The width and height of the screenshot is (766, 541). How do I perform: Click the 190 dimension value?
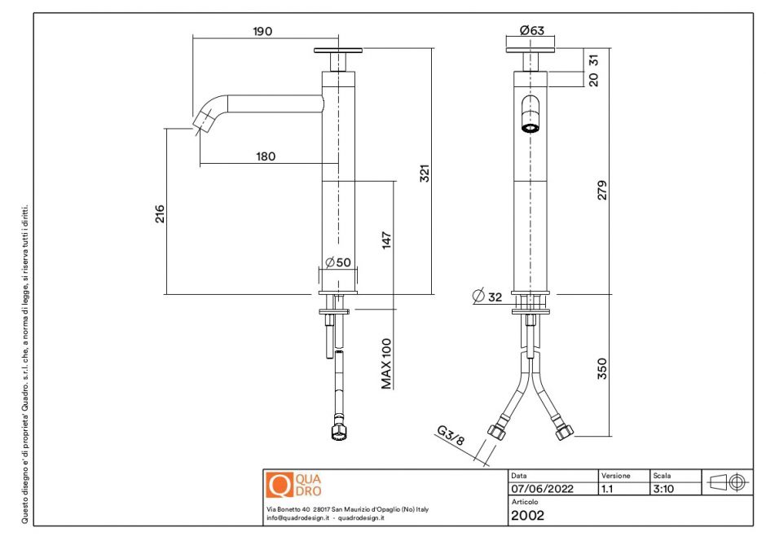click(262, 31)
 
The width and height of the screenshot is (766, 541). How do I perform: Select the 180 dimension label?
click(266, 156)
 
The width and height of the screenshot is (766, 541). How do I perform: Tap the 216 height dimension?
click(160, 213)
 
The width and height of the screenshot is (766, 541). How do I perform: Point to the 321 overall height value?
click(424, 173)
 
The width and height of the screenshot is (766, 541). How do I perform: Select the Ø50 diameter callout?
click(337, 262)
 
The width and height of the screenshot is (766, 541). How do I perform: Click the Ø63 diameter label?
click(531, 31)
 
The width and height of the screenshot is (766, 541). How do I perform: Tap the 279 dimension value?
click(602, 189)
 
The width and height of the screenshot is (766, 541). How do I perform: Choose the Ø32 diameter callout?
click(487, 297)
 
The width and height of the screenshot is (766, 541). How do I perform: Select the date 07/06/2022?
click(542, 490)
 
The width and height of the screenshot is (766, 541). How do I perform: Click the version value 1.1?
click(607, 490)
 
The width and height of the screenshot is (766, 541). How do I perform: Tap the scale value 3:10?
click(663, 490)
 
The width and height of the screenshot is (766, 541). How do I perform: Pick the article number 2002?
click(527, 515)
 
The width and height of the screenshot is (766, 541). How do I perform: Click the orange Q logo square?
click(279, 485)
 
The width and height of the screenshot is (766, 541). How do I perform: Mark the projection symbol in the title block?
click(726, 482)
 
